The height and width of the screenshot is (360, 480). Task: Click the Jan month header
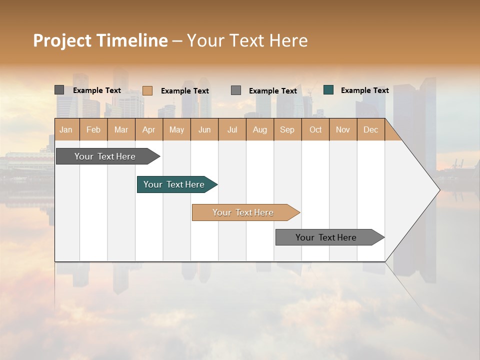[x=66, y=129]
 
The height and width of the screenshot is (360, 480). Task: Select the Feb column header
[x=93, y=129]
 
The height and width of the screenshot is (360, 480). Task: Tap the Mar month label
[x=121, y=129]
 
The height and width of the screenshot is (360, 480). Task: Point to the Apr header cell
[x=148, y=129]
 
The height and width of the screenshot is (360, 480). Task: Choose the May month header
[x=176, y=129]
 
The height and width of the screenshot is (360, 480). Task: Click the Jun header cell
[x=204, y=129]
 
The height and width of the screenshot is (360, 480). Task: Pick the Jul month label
[x=232, y=129]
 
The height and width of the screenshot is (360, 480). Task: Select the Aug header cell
[x=259, y=129]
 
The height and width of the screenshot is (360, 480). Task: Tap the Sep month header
[x=287, y=129]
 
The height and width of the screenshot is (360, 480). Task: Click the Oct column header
[x=315, y=129]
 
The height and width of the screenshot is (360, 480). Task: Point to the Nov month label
[x=343, y=129]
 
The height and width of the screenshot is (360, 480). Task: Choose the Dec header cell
[x=370, y=129]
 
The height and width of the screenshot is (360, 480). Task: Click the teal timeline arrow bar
[x=175, y=184]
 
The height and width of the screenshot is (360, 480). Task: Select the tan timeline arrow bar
[x=244, y=212]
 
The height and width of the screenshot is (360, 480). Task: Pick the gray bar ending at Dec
[x=327, y=237]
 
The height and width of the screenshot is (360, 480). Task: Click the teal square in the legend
[x=328, y=90]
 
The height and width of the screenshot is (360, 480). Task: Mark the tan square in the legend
[x=147, y=90]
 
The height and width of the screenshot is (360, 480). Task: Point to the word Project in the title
[x=61, y=40]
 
